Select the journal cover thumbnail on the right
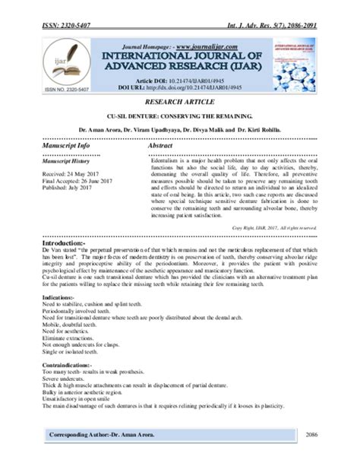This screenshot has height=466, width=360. click(x=296, y=67)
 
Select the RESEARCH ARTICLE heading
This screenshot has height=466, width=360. click(x=180, y=101)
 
